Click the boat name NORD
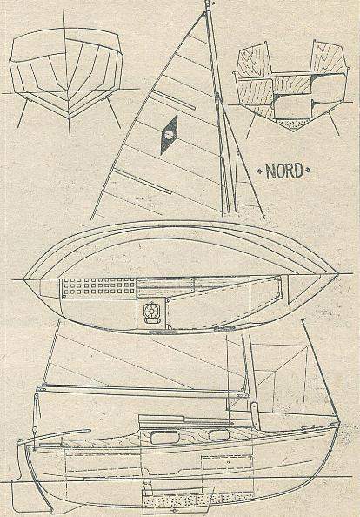(x=284, y=171)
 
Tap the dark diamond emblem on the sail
(x=169, y=135)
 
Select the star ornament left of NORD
(x=260, y=171)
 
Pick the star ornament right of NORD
(x=308, y=171)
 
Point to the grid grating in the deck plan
(x=99, y=286)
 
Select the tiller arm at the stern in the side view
(x=54, y=436)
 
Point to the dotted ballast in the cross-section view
(x=290, y=124)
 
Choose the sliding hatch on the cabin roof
(x=162, y=420)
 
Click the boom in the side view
(x=142, y=390)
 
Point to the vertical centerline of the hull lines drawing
(x=67, y=72)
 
